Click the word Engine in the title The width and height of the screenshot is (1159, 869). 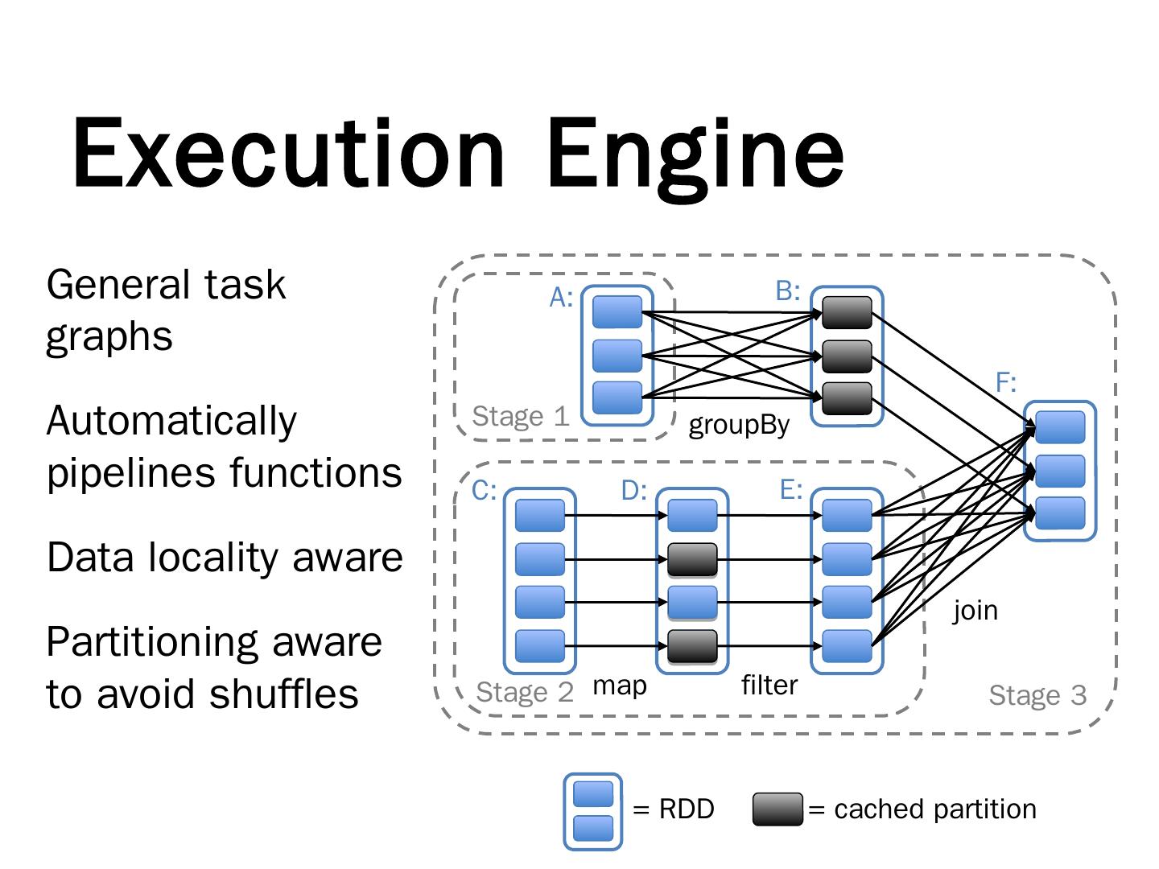point(695,153)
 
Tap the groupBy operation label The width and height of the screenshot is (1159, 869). point(739,425)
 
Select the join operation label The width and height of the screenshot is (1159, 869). point(975,611)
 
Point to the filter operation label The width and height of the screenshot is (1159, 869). point(769,686)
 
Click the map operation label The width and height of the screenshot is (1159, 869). point(619,686)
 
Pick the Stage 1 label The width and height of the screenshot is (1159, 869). point(520,417)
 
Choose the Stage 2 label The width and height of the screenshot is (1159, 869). point(525,693)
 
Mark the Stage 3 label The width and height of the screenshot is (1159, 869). point(1037,695)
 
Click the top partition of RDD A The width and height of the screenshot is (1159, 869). point(617,312)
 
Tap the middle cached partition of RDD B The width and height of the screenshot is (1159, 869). point(847,356)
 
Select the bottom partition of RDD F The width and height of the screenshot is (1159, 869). point(1059,513)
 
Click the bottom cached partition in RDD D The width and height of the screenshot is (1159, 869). point(692,645)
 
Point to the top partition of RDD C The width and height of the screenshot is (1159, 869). point(539,515)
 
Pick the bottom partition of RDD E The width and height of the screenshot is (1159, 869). point(847,645)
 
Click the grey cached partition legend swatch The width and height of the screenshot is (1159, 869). point(777,809)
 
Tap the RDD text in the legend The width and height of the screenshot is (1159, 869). point(686,809)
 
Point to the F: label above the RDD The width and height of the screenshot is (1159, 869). point(1006,382)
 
